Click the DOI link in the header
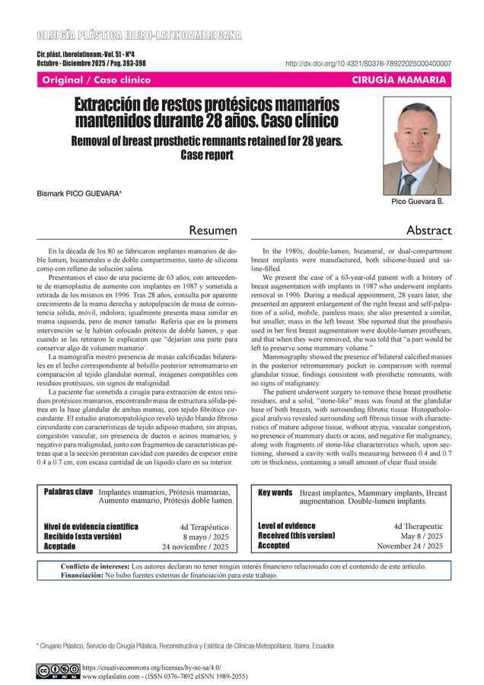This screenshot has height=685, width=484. click(368, 64)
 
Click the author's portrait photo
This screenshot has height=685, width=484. click(417, 149)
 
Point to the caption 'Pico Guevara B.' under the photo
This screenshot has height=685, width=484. click(417, 202)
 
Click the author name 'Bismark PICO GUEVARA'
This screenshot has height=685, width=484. click(78, 193)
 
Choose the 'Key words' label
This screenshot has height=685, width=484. click(275, 492)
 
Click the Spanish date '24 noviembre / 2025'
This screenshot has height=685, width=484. click(196, 546)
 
